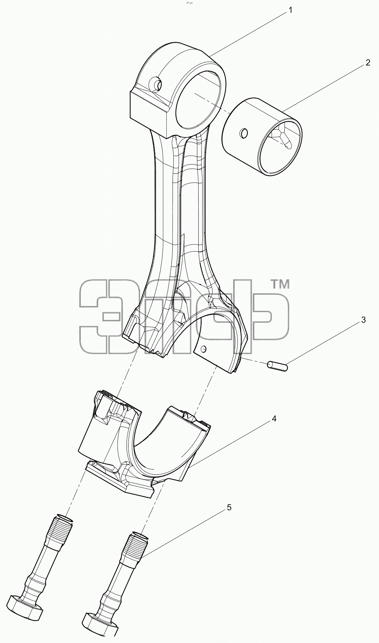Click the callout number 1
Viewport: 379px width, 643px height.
coord(290,10)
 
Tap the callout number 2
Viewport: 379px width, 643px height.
coord(368,63)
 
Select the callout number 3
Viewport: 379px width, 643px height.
coord(363,320)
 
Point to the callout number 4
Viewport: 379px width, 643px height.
coord(274,419)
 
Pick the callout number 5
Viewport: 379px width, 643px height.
coord(229,507)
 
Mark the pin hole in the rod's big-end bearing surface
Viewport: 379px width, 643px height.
coord(203,348)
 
